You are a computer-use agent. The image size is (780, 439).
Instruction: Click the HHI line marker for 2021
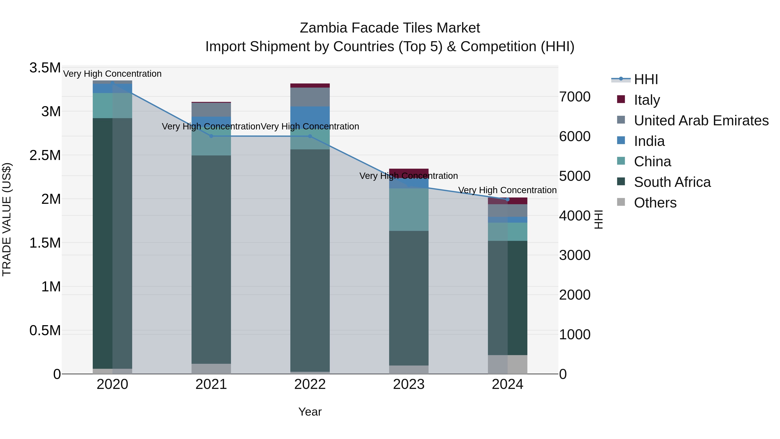pos(211,136)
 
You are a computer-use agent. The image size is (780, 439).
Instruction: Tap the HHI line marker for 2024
pos(507,199)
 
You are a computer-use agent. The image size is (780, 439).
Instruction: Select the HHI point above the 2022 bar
pos(310,136)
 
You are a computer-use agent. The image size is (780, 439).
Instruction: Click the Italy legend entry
pos(647,100)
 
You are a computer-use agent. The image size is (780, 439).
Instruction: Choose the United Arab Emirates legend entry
pos(701,121)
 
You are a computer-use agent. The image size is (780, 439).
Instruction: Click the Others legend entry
pos(655,203)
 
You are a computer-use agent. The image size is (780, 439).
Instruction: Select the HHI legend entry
pos(646,79)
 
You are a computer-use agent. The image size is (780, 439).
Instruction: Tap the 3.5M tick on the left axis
pos(45,68)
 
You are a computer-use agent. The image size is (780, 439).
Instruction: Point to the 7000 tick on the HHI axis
pos(574,97)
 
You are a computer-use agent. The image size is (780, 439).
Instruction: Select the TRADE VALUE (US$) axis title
pos(7,220)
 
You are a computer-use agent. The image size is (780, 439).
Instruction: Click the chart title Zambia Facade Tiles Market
pos(390,28)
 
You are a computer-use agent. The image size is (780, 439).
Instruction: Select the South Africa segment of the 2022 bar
pos(310,261)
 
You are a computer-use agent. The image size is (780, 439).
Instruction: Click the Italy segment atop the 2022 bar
pos(310,85)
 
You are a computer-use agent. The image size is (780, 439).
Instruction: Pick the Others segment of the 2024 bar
pos(507,364)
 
